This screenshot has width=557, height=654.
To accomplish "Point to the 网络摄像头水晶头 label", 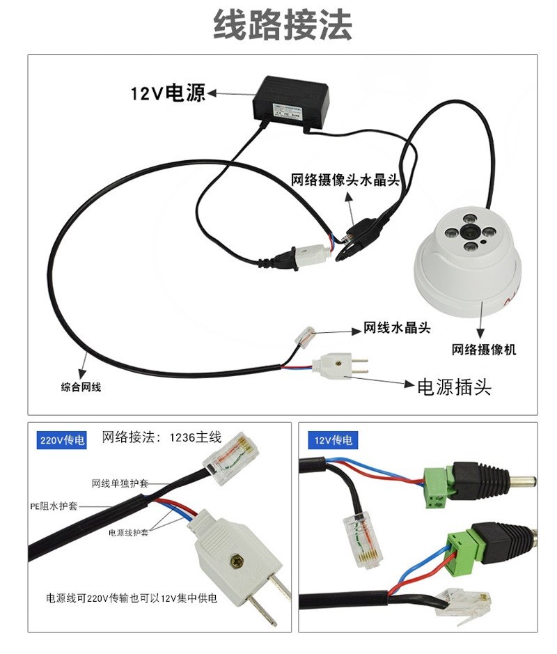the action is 345,180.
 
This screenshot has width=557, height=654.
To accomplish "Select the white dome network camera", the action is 467,265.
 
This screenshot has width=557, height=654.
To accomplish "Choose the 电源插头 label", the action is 453,387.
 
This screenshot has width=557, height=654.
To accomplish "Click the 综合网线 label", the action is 81,387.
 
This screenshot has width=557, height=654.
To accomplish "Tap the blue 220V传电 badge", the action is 63,440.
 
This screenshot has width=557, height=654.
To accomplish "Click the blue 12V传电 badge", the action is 334,440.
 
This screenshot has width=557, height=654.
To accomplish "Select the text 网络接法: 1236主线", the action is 162,437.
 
